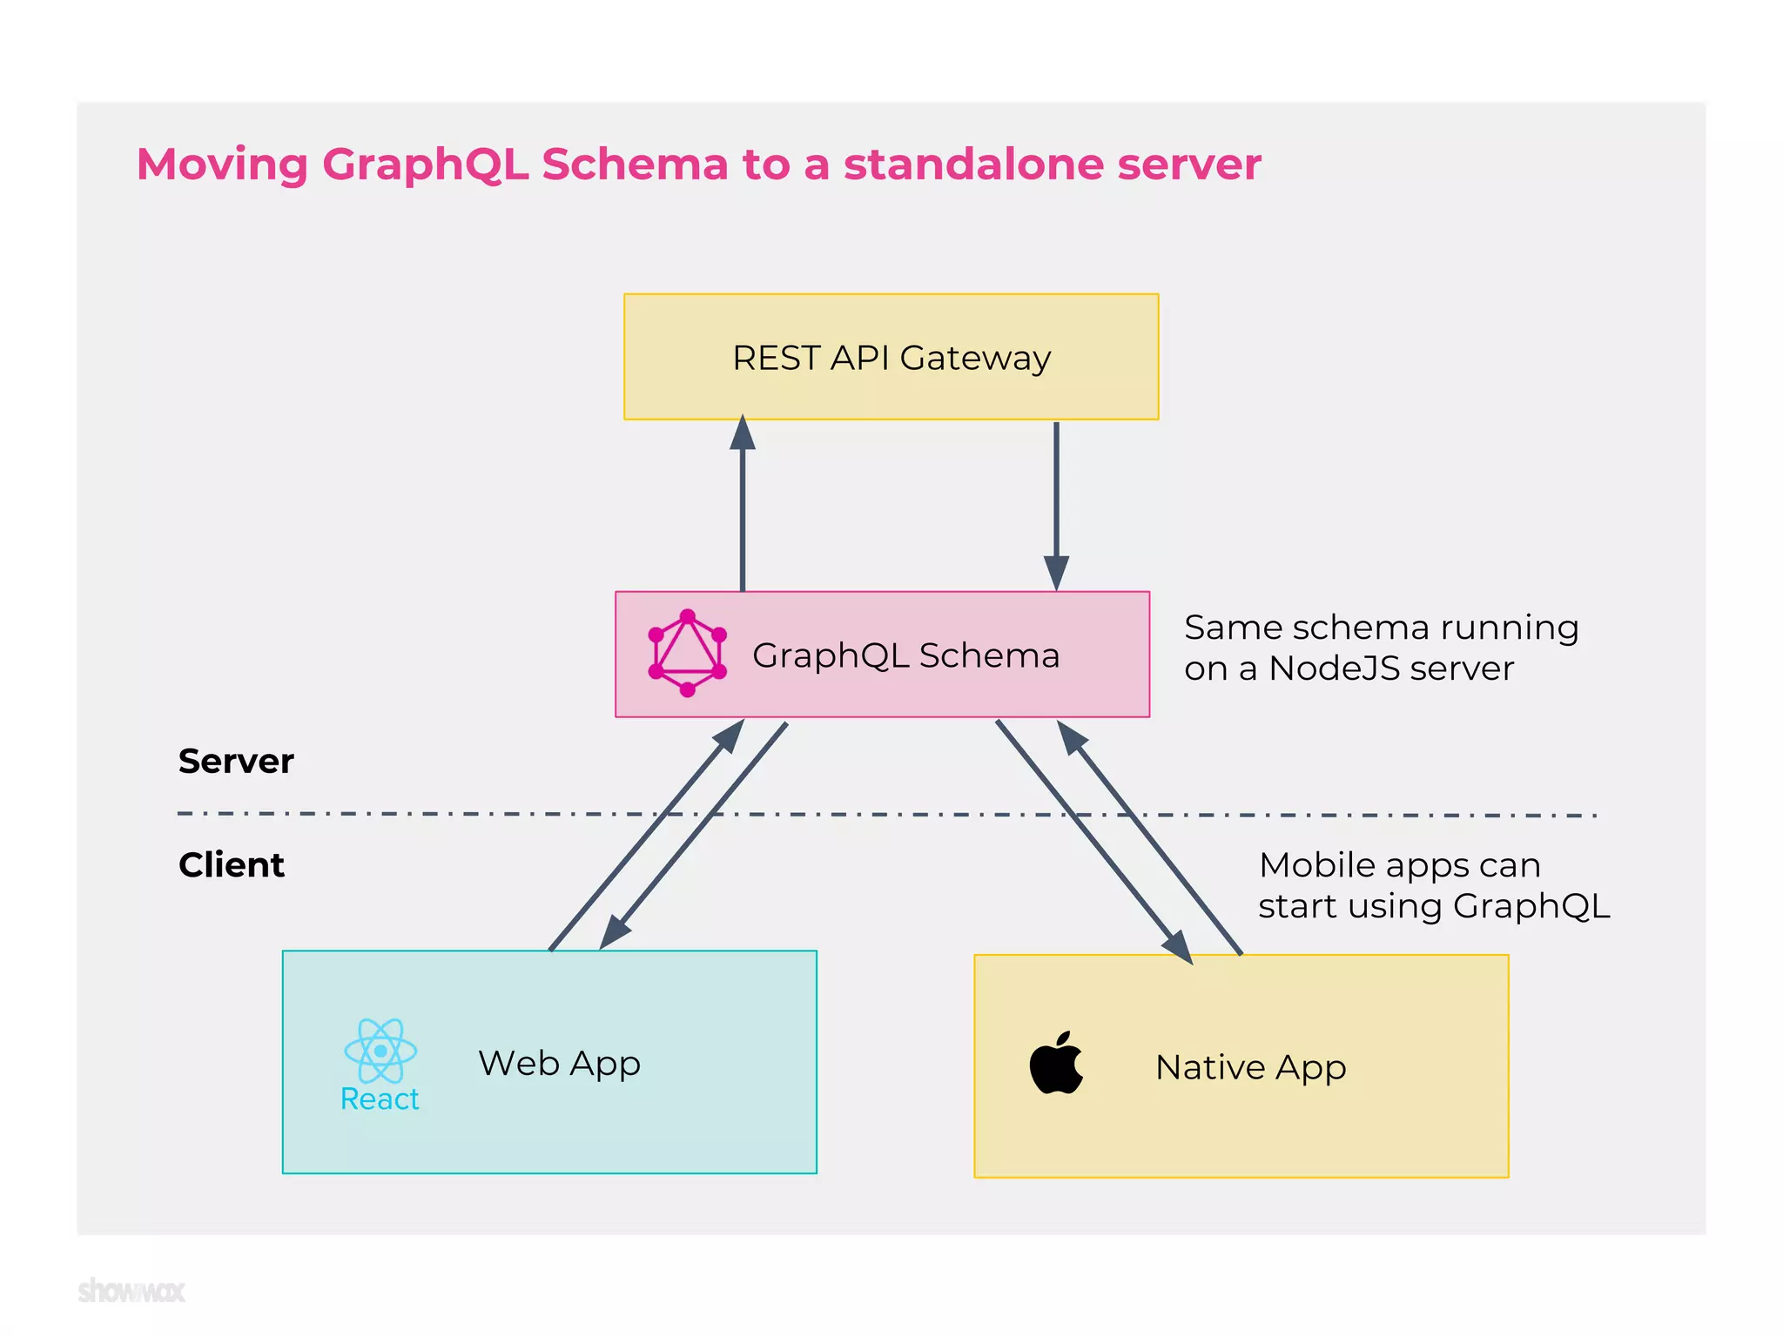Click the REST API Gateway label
[x=891, y=358]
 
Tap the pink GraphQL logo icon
[x=687, y=653]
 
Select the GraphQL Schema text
[x=905, y=655]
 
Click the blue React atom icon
[x=380, y=1050]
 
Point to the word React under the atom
[x=380, y=1099]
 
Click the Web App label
[x=560, y=1063]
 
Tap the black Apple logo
[x=1056, y=1064]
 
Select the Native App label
[x=1250, y=1067]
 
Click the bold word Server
[x=236, y=761]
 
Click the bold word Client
[x=232, y=864]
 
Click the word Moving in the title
[x=223, y=164]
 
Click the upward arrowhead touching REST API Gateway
[x=742, y=433]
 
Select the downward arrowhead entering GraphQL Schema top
[x=1056, y=574]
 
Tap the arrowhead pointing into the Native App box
[x=1179, y=947]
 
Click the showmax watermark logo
[x=131, y=1290]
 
